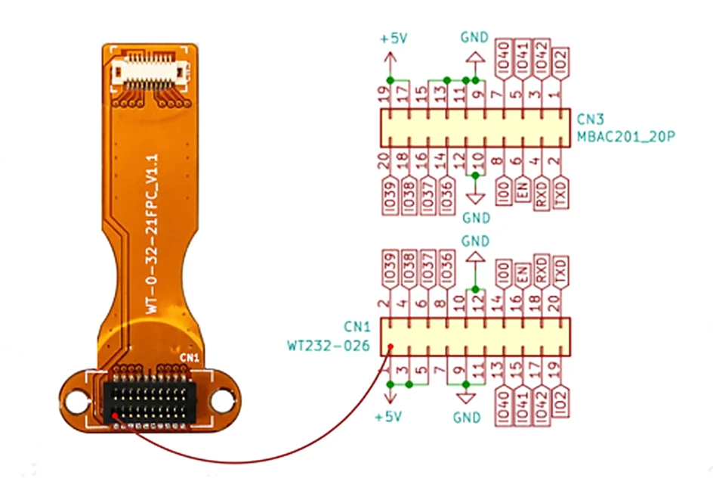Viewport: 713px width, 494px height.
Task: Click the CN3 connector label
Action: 590,120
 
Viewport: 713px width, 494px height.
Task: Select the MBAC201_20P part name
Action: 625,136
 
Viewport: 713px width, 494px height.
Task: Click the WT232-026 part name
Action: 329,346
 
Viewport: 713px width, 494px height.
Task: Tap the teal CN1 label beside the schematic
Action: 357,327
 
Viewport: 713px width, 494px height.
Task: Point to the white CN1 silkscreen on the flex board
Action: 189,358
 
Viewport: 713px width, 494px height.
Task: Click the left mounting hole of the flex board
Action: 76,402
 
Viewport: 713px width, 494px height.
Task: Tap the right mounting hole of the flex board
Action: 222,401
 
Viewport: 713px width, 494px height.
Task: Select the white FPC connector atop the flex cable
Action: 150,70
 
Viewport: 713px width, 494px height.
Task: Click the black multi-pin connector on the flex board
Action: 150,402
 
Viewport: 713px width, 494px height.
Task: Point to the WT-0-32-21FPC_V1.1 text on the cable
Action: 152,234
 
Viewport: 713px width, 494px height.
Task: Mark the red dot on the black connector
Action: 115,415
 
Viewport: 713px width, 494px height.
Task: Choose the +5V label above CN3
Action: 394,39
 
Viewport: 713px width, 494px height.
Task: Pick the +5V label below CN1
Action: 388,417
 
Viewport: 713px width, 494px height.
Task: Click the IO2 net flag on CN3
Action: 560,64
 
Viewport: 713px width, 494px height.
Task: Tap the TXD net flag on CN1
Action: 560,272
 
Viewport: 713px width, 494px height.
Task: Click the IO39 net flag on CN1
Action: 390,269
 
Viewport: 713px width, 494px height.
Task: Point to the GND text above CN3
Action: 474,37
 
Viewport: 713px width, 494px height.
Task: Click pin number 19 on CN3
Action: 384,95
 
